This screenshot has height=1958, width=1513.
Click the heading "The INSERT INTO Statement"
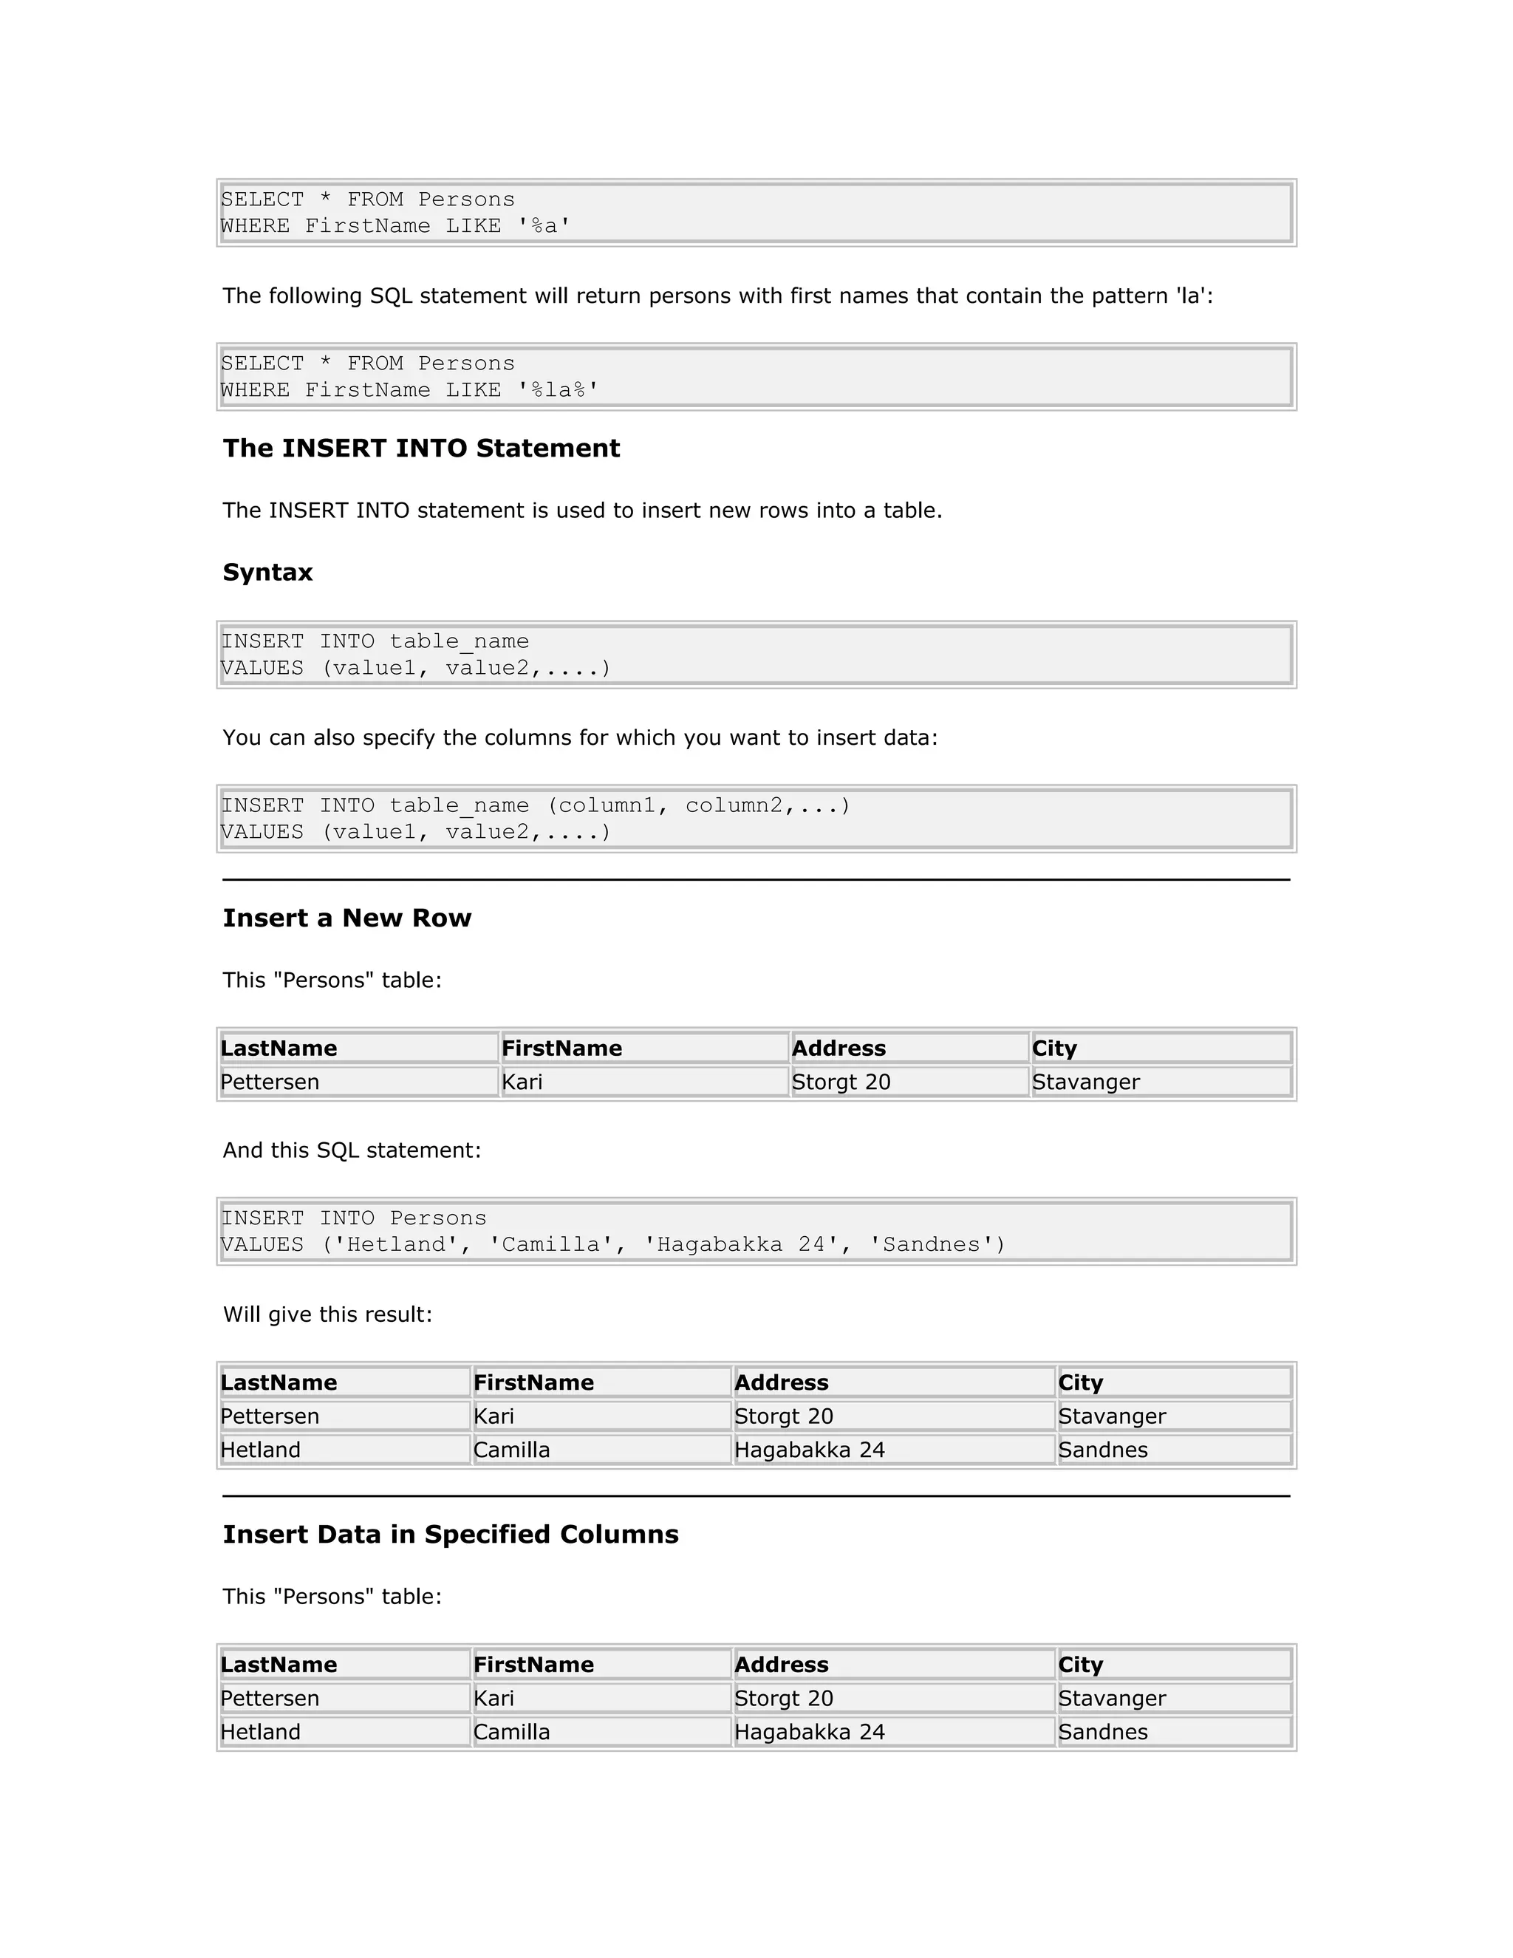(x=420, y=448)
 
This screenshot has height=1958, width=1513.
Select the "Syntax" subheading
(x=267, y=572)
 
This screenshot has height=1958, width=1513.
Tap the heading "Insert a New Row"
(x=347, y=918)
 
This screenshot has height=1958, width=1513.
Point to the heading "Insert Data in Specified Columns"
(x=450, y=1534)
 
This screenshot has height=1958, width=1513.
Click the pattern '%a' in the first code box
(x=544, y=226)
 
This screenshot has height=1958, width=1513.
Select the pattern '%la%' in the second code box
(x=559, y=390)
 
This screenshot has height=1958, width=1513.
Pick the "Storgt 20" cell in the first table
(x=841, y=1082)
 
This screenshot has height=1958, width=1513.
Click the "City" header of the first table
(x=1054, y=1048)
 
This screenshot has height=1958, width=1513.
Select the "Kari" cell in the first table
(x=522, y=1082)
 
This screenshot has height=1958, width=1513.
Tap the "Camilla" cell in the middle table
(x=512, y=1450)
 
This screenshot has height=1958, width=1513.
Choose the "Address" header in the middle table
(x=782, y=1382)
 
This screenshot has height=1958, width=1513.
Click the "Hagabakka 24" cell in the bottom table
(x=810, y=1732)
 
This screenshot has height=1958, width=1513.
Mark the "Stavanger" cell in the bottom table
(x=1111, y=1698)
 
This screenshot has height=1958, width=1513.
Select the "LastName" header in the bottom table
(x=279, y=1665)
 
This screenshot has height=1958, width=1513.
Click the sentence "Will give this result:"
(x=327, y=1314)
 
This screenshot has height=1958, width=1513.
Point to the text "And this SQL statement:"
(x=352, y=1150)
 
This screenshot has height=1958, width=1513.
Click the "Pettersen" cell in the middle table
(x=270, y=1416)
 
